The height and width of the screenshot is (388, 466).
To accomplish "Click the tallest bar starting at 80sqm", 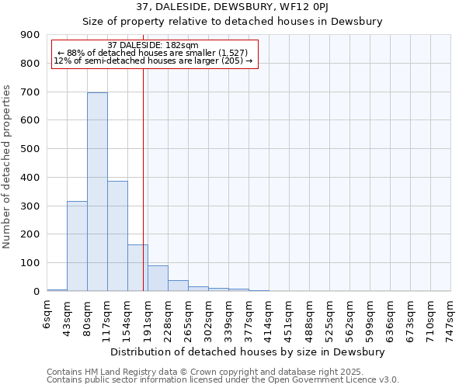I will (97, 192).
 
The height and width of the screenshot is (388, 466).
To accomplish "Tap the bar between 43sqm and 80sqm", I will (77, 246).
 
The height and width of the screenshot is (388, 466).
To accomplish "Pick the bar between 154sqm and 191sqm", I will (137, 268).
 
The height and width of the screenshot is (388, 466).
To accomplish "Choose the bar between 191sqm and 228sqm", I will (158, 278).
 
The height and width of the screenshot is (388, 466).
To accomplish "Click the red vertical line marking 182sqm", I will (143, 178).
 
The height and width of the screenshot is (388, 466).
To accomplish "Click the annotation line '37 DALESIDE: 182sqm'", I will (153, 46).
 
